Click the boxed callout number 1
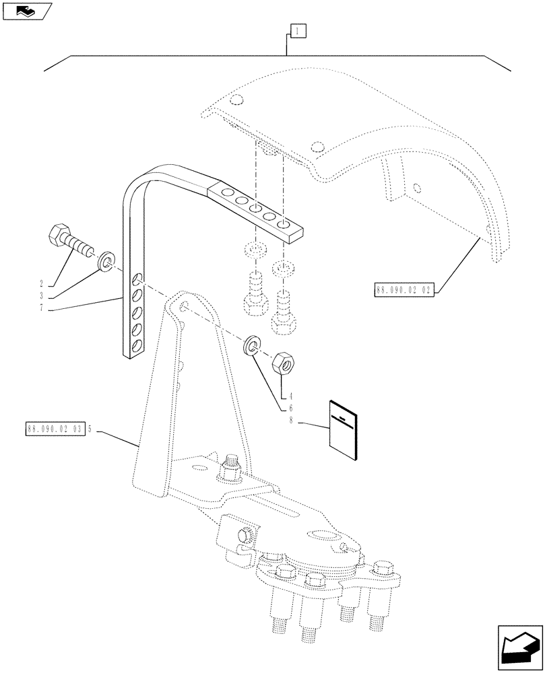click(x=298, y=30)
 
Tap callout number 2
click(x=42, y=284)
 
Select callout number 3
click(x=42, y=295)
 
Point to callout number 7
click(x=42, y=308)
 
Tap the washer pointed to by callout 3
click(x=106, y=260)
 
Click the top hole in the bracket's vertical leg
click(x=137, y=279)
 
